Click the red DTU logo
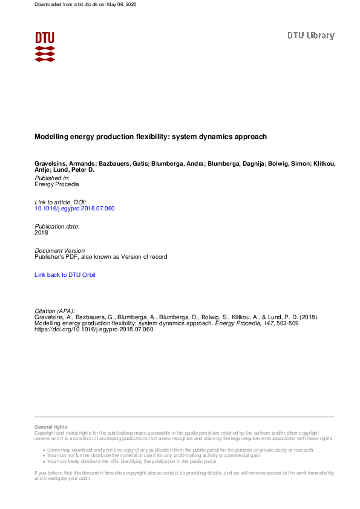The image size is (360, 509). [x=45, y=46]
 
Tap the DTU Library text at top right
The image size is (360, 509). [x=310, y=36]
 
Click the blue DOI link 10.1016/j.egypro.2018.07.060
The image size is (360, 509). [x=74, y=209]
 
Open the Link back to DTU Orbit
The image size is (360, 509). [x=65, y=275]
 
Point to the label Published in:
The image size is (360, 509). [x=52, y=178]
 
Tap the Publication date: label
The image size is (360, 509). [x=57, y=226]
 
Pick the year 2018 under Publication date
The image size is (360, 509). [x=41, y=232]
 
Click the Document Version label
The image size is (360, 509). [x=60, y=250]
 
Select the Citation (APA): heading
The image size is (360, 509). [x=54, y=311]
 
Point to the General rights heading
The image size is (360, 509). [x=51, y=427]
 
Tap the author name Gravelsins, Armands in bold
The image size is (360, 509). [x=61, y=164]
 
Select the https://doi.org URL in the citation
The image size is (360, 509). [x=94, y=329]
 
